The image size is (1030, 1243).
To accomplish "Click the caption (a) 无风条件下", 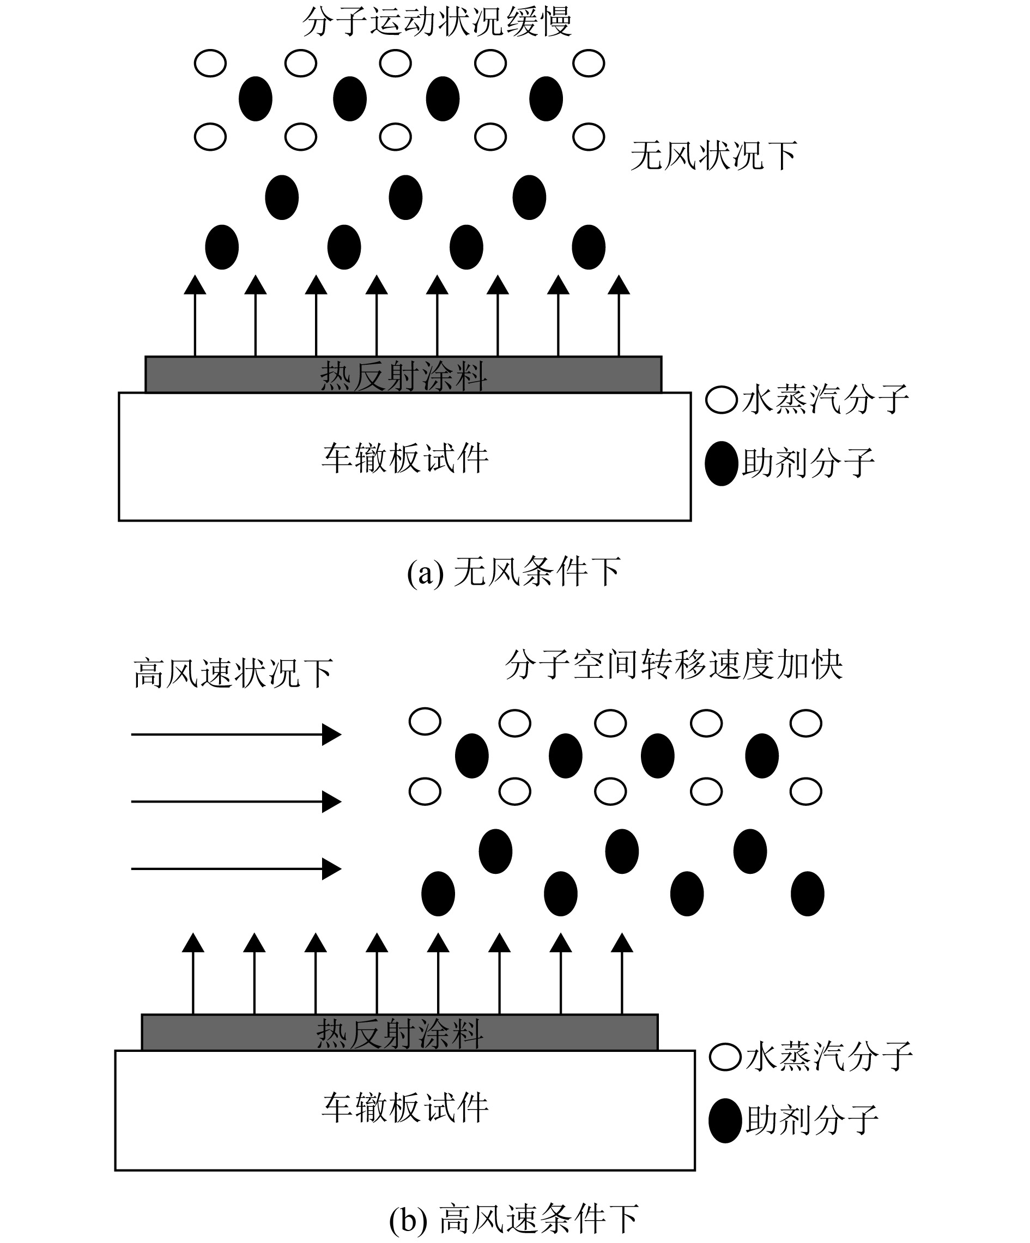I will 513,572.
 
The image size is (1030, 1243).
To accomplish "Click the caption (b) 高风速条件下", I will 513,1220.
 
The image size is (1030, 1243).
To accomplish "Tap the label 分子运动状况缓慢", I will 437,22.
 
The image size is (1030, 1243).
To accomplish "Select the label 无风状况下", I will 713,156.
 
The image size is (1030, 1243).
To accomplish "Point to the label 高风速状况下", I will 233,673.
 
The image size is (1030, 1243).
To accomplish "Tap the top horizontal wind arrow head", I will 332,734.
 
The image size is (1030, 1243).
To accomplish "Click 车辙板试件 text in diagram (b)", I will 405,1107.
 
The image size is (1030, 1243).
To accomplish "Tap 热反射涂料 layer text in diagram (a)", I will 403,376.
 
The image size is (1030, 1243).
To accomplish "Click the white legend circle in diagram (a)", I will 722,400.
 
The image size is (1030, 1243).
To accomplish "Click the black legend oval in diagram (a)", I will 722,463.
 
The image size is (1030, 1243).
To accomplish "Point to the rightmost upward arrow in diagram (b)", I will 622,973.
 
